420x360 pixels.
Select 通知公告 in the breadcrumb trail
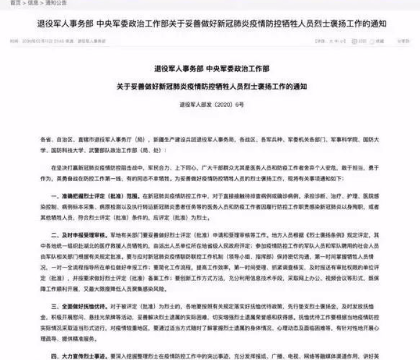click(54, 3)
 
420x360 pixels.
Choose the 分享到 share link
click(402, 41)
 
